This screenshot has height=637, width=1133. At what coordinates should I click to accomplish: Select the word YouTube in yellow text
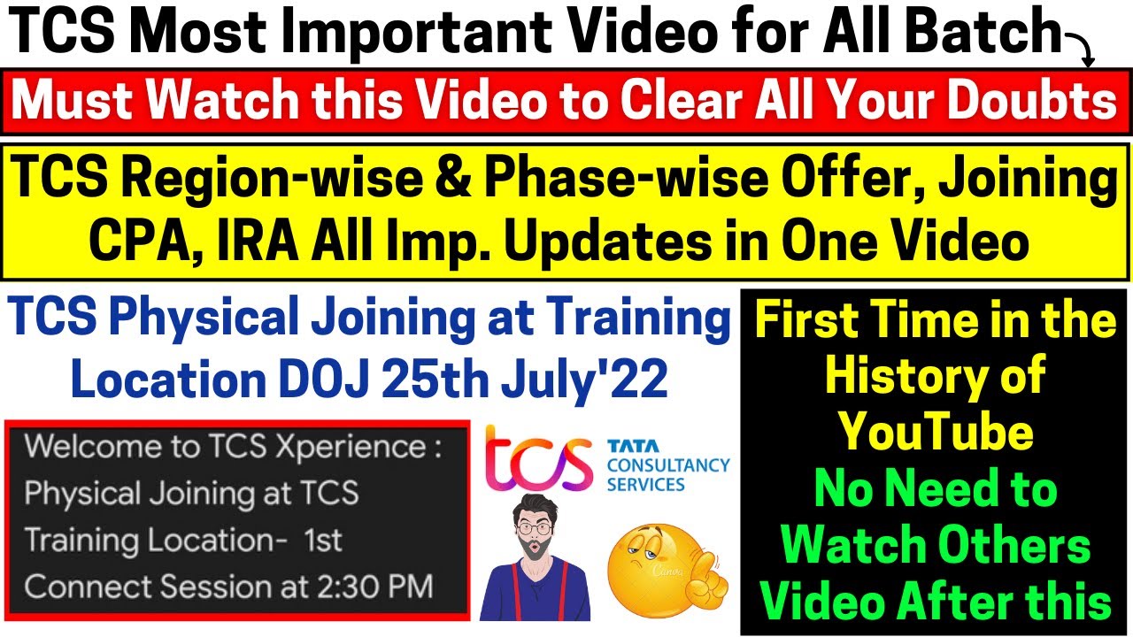click(x=936, y=433)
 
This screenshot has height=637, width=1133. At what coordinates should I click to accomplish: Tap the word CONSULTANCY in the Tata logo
click(x=668, y=464)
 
